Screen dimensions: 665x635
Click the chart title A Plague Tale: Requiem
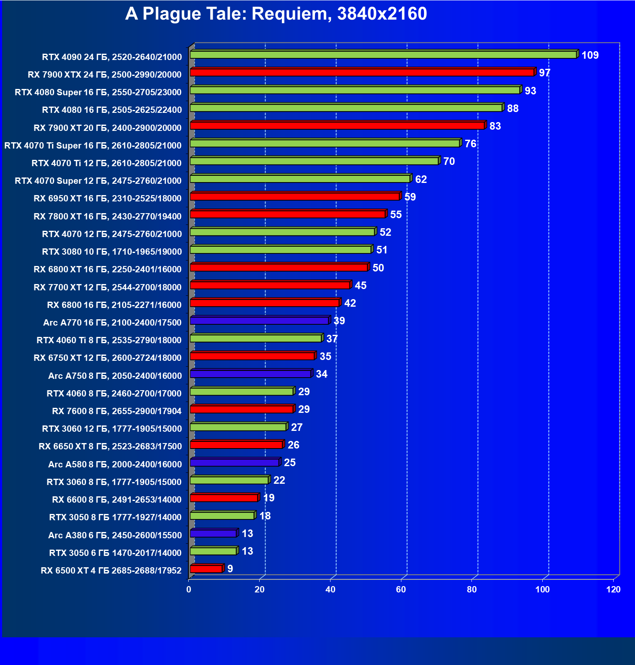pyautogui.click(x=276, y=14)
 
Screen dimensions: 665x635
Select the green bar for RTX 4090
pyautogui.click(x=383, y=55)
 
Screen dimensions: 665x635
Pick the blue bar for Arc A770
pyautogui.click(x=259, y=321)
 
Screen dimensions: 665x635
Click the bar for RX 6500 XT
pyautogui.click(x=206, y=569)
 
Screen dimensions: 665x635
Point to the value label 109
pyautogui.click(x=590, y=55)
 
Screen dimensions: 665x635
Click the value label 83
pyautogui.click(x=495, y=126)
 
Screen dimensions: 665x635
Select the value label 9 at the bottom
pyautogui.click(x=230, y=569)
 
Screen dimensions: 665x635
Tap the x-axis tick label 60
pyautogui.click(x=401, y=589)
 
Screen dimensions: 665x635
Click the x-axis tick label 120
pyautogui.click(x=613, y=589)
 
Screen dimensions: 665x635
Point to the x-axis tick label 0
pyautogui.click(x=189, y=589)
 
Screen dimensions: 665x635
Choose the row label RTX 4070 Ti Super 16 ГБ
pyautogui.click(x=93, y=146)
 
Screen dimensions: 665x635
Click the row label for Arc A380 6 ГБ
pyautogui.click(x=115, y=535)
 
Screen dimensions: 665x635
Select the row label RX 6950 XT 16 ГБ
pyautogui.click(x=107, y=198)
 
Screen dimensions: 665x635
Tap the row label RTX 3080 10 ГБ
pyautogui.click(x=112, y=252)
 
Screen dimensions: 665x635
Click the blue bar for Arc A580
pyautogui.click(x=234, y=462)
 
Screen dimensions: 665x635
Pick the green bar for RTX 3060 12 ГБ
pyautogui.click(x=238, y=427)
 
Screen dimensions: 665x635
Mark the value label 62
pyautogui.click(x=421, y=180)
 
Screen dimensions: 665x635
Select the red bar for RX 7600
pyautogui.click(x=241, y=409)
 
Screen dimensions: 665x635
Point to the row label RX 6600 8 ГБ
pyautogui.click(x=117, y=500)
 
